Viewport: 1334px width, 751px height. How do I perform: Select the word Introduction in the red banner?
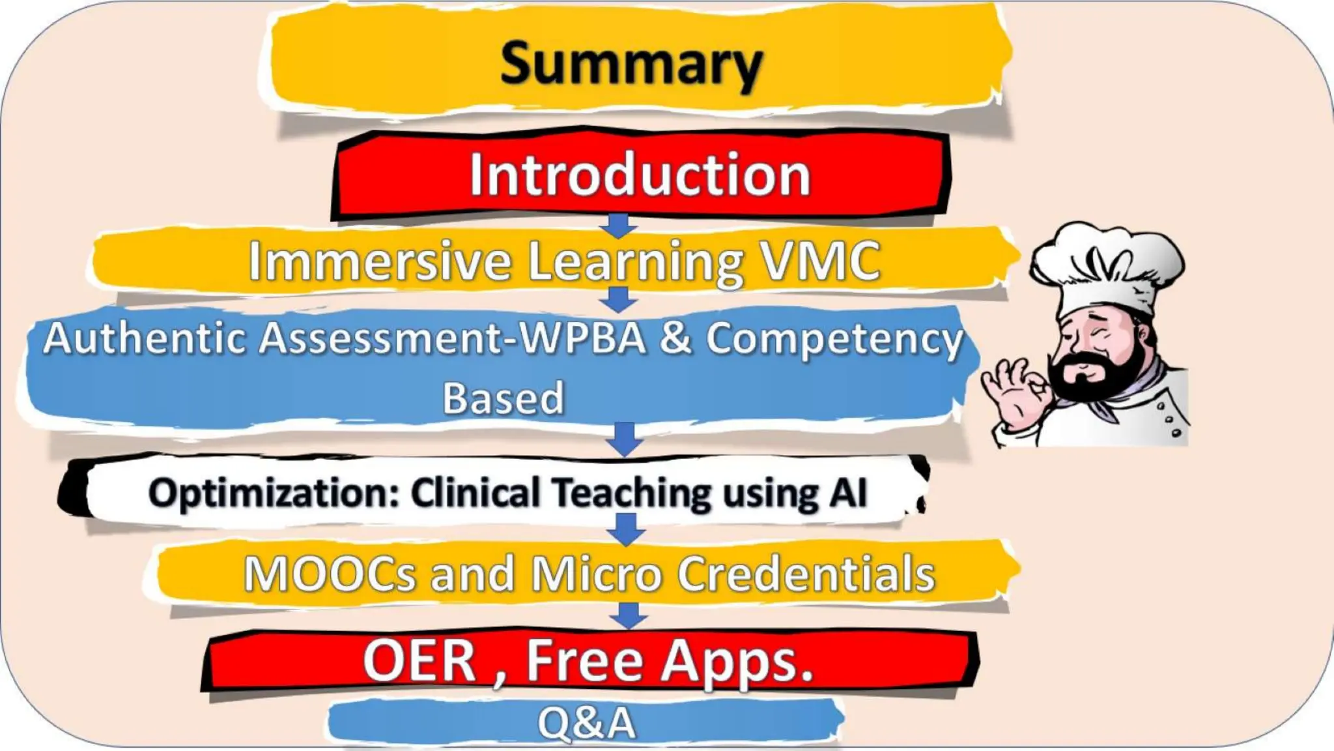pyautogui.click(x=640, y=175)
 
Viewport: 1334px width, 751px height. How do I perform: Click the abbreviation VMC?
pyautogui.click(x=821, y=261)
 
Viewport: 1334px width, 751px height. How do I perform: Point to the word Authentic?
pyautogui.click(x=144, y=339)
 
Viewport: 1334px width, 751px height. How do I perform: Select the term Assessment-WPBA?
pyautogui.click(x=452, y=339)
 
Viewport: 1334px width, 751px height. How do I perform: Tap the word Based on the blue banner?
pyautogui.click(x=503, y=398)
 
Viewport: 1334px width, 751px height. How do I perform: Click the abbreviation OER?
pyautogui.click(x=419, y=661)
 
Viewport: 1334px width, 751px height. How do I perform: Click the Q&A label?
pyautogui.click(x=586, y=723)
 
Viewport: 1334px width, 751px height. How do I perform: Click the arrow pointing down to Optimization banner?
pyautogui.click(x=625, y=438)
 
